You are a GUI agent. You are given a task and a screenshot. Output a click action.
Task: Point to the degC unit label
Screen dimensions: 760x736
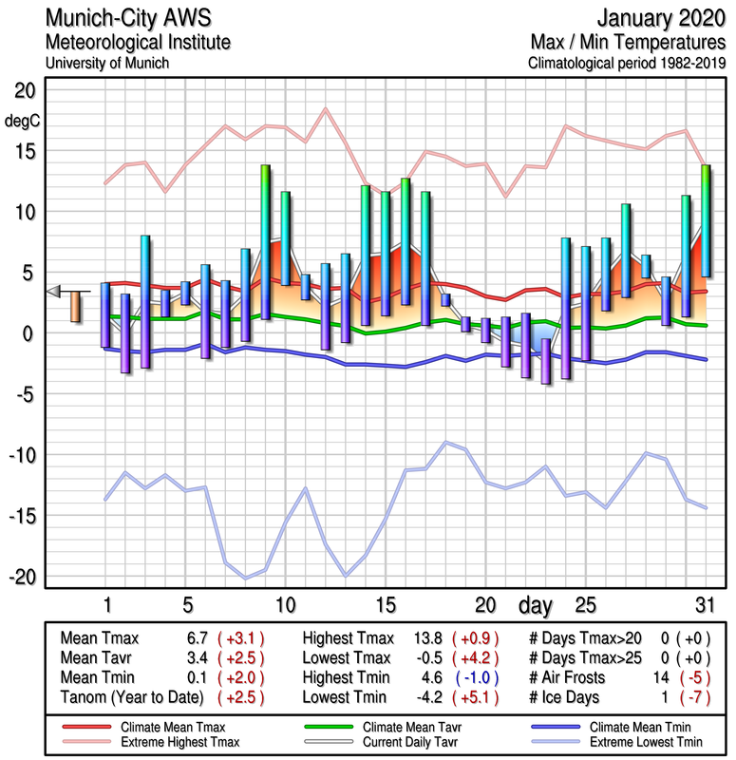(x=23, y=121)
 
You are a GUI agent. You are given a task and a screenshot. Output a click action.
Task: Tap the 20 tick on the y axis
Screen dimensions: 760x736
(x=24, y=90)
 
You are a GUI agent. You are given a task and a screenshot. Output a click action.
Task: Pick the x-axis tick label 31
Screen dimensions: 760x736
(x=704, y=605)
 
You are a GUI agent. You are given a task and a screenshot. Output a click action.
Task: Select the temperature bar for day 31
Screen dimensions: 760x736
(x=706, y=220)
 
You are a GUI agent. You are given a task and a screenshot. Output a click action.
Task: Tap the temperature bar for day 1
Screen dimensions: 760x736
(x=105, y=314)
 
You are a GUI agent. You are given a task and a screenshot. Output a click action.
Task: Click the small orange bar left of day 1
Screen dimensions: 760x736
(x=75, y=307)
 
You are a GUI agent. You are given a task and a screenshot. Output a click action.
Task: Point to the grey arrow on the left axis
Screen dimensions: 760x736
(x=54, y=291)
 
